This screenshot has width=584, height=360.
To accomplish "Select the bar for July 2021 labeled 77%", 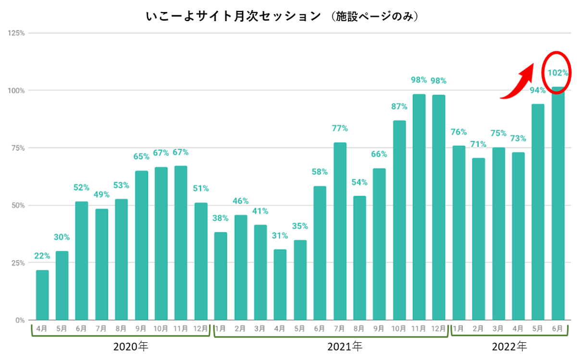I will click(340, 231).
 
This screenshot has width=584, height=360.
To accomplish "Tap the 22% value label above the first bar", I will click(42, 256).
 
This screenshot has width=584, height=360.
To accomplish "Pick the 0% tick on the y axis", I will click(20, 320).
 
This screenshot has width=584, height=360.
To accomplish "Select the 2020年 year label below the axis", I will click(131, 346).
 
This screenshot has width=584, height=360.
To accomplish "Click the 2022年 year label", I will click(509, 346).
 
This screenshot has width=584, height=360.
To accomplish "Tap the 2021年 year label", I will click(345, 346).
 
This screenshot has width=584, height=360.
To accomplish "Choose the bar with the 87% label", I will click(399, 220).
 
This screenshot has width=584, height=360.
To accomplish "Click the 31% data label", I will click(280, 236).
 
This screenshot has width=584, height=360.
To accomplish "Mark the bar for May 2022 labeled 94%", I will click(538, 211).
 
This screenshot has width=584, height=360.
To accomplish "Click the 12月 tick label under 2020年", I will click(201, 329).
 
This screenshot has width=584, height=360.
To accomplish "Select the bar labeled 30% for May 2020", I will click(62, 286).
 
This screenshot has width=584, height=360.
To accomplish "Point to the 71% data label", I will click(478, 144).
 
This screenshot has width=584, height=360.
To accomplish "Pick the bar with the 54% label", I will click(360, 258).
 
